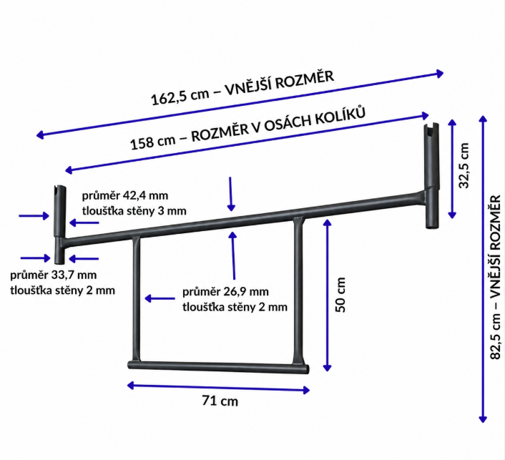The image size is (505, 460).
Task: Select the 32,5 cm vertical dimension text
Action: [464, 165]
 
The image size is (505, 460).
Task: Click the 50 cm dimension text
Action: [340, 295]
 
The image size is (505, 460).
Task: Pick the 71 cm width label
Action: [220, 401]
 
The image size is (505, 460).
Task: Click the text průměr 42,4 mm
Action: [125, 195]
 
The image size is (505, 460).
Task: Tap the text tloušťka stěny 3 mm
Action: [134, 211]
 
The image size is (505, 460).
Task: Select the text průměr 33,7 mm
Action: [54, 275]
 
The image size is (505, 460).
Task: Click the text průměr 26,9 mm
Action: [225, 292]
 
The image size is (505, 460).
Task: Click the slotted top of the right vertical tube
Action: [431, 129]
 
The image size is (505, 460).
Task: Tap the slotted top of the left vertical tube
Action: [60, 191]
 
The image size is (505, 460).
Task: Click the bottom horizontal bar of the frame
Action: [219, 367]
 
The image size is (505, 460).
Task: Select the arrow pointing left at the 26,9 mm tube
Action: [160, 298]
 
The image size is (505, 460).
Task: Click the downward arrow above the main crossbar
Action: [230, 194]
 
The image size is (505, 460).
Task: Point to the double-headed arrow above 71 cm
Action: [219, 388]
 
